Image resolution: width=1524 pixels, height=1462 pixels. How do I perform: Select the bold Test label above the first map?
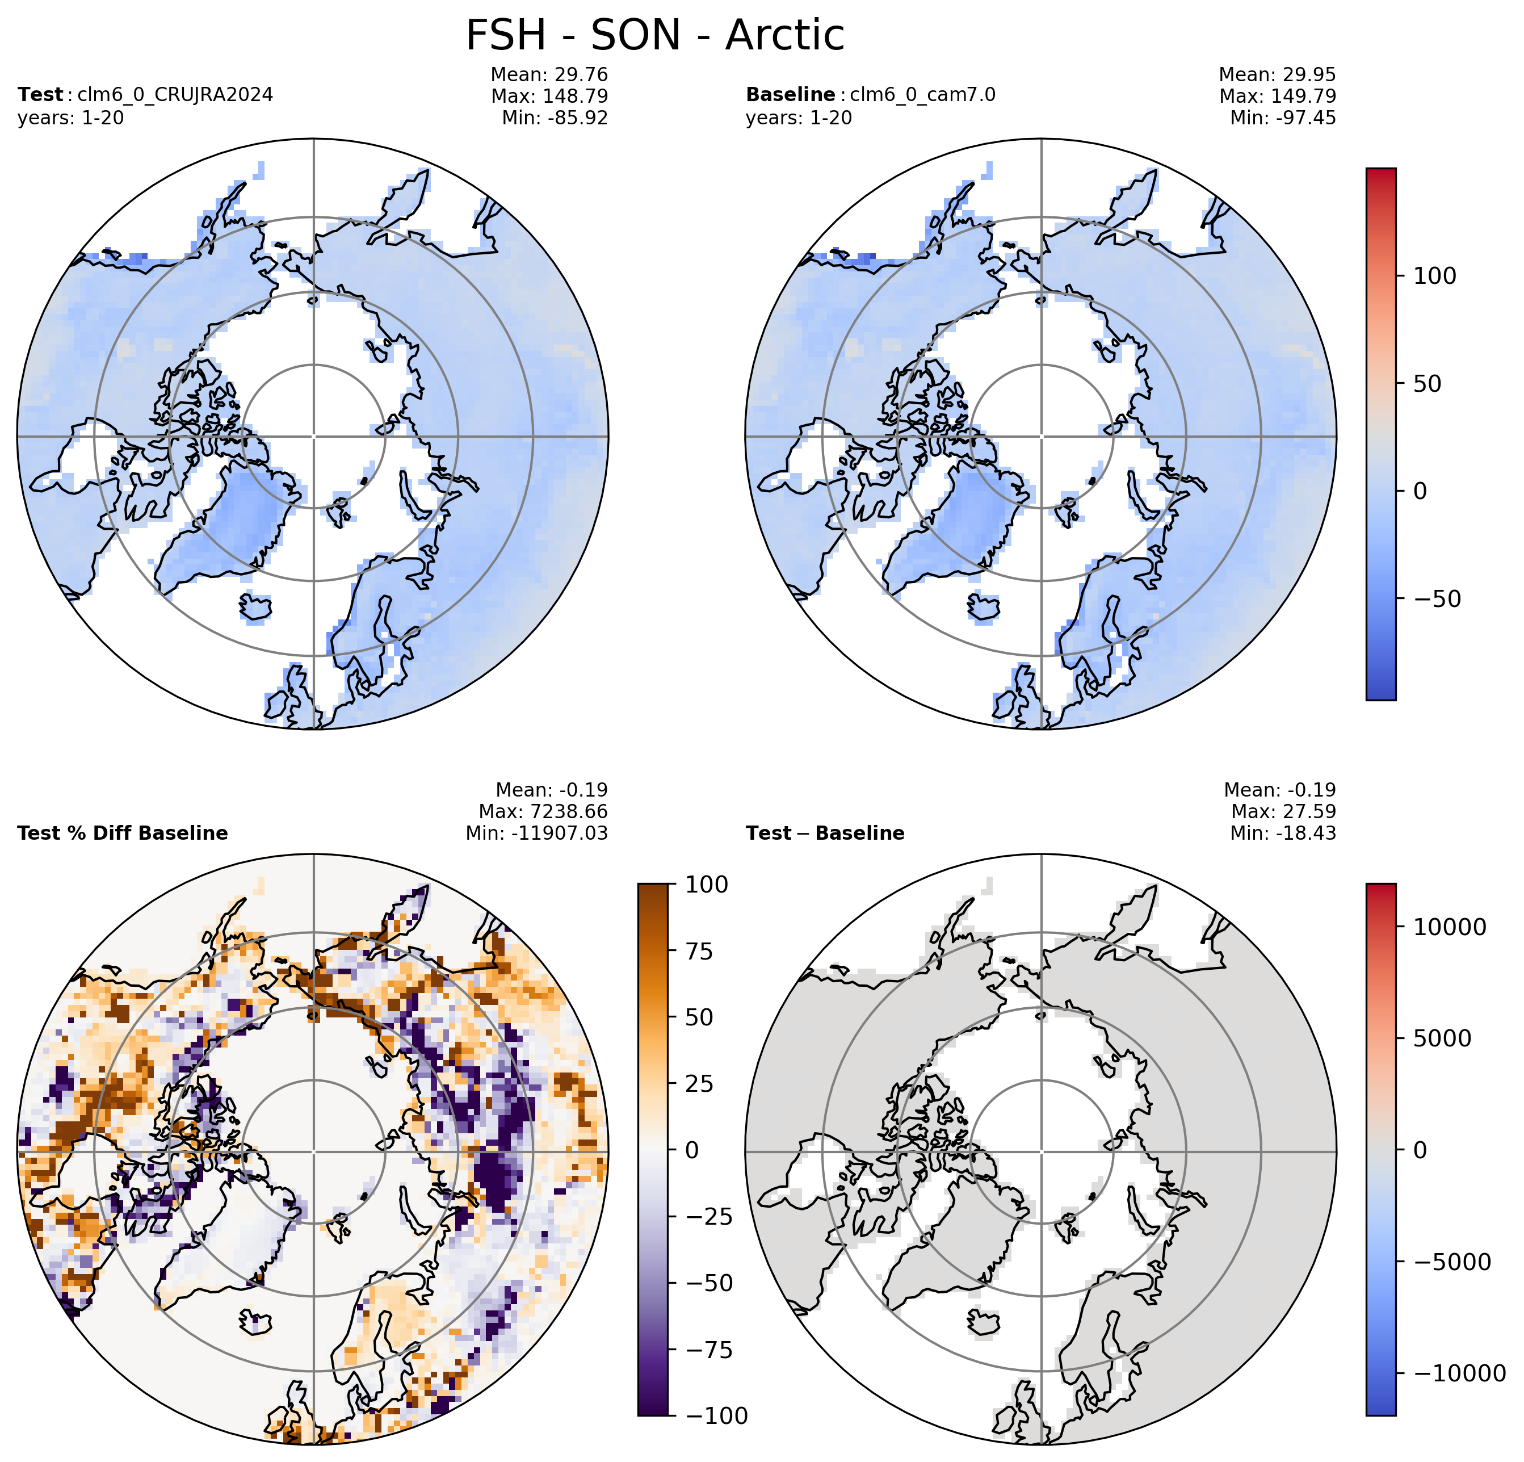[x=40, y=95]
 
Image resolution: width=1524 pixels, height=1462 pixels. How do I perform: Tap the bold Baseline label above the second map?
[x=790, y=95]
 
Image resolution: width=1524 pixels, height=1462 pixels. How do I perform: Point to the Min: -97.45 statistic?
[x=1283, y=118]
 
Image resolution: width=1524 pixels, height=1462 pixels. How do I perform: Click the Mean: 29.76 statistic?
[x=549, y=74]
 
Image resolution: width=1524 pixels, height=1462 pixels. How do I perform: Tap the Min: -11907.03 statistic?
[x=536, y=833]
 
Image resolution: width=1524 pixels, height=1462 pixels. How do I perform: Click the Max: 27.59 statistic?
[x=1284, y=812]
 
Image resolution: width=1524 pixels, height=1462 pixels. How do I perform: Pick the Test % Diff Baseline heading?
[x=123, y=833]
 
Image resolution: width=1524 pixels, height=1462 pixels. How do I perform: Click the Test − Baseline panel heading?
[x=825, y=833]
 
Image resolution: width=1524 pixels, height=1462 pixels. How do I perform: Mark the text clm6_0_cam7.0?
[x=923, y=95]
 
